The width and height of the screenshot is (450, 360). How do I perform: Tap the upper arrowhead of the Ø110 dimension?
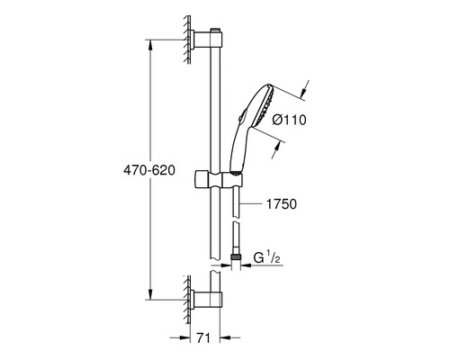point(304,91)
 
